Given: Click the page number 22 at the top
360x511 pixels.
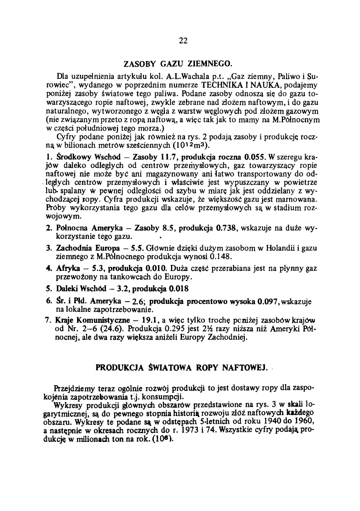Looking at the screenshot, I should tap(183, 40).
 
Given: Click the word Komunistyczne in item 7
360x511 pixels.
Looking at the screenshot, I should tap(98, 321).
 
